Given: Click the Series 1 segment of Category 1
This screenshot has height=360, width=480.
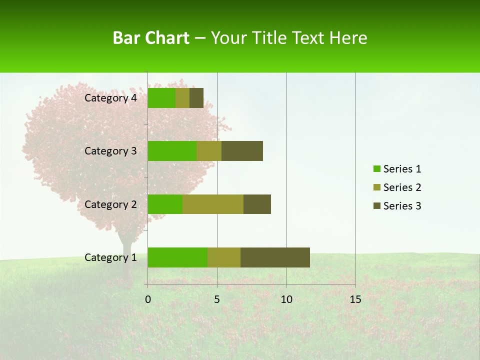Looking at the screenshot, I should click(177, 257).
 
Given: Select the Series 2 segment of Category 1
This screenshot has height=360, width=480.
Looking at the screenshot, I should click(224, 257).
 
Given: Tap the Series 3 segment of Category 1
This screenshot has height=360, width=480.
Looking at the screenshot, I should click(275, 257).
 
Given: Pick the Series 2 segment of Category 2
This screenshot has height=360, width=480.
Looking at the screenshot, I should click(213, 204).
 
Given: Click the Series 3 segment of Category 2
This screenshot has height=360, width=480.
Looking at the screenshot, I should click(257, 204).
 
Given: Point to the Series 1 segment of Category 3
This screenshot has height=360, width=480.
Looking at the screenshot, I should click(172, 151).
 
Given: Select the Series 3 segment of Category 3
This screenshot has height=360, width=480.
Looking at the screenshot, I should click(242, 151).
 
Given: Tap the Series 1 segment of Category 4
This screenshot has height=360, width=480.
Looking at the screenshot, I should click(161, 98).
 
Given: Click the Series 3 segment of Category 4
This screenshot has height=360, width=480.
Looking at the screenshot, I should click(196, 98).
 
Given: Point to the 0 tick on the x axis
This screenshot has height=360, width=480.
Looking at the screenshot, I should click(148, 299).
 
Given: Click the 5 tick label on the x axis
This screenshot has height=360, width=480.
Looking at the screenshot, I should click(217, 299).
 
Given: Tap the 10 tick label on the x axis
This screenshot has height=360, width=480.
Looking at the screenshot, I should click(286, 299).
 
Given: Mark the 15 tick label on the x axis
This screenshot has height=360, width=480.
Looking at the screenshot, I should click(355, 299).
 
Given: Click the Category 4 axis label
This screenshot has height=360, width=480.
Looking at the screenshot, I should click(110, 98).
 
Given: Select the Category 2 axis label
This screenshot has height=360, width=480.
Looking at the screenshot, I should click(110, 204).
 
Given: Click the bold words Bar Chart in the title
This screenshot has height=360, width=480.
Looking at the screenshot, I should click(151, 38).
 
